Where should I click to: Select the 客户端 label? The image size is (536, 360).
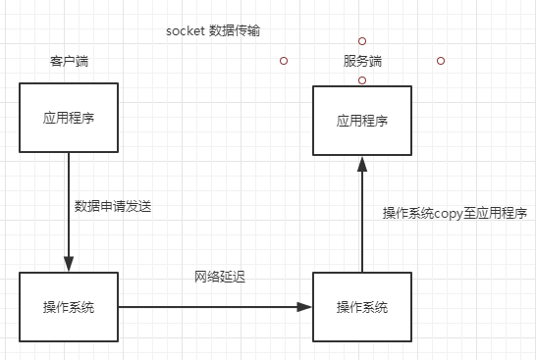tap(69, 61)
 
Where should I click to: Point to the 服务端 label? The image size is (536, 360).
tap(362, 61)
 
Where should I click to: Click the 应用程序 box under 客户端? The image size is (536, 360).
tap(69, 119)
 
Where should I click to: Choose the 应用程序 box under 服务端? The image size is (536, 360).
tap(362, 121)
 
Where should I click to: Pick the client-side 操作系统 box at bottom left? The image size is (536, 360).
tap(69, 307)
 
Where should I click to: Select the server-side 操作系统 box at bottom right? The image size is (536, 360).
tap(362, 307)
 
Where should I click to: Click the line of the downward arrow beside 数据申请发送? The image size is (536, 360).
tap(69, 206)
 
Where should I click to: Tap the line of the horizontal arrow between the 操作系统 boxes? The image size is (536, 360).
tap(206, 307)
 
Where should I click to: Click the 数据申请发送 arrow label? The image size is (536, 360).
tap(113, 207)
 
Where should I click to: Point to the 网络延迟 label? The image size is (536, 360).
tap(220, 278)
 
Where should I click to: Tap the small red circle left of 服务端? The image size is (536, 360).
tap(284, 61)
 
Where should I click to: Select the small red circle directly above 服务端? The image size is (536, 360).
tap(362, 41)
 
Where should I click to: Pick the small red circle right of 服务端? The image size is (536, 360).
tap(441, 61)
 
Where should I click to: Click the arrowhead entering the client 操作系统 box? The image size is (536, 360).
tap(69, 265)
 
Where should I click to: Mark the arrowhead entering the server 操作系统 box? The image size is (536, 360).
tap(304, 307)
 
